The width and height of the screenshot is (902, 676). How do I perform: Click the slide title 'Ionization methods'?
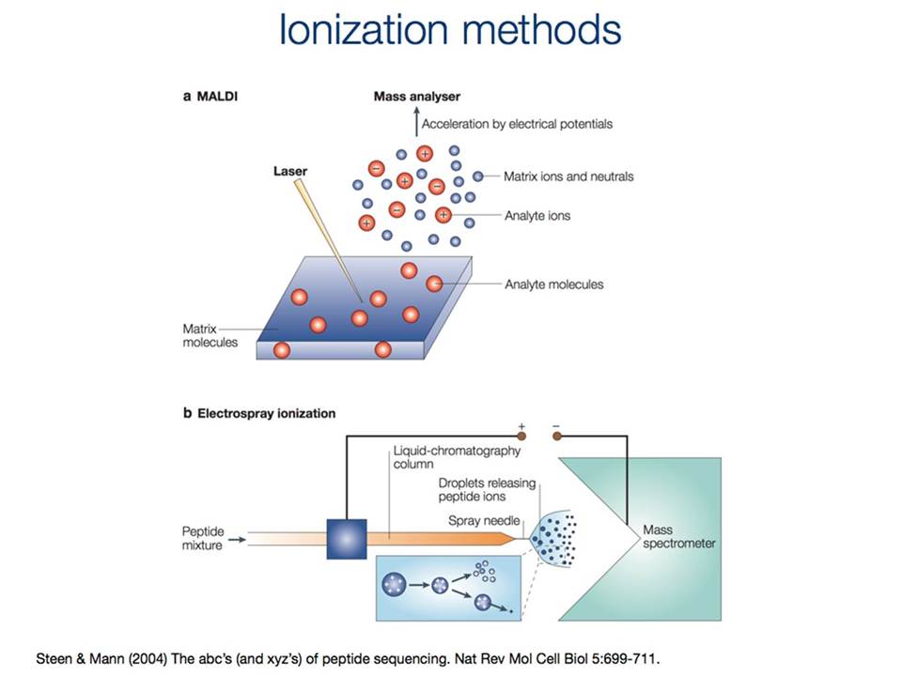tap(450, 29)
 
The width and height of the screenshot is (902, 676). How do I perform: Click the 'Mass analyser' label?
tap(417, 97)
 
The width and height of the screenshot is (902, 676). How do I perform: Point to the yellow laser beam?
tap(328, 240)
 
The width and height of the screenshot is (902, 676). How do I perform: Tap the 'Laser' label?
tap(290, 171)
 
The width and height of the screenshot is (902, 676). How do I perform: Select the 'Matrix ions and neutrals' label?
tap(568, 177)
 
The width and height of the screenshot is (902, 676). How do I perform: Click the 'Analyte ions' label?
tap(537, 216)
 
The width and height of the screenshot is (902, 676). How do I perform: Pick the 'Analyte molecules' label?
tap(554, 284)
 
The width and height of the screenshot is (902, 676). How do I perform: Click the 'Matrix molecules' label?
tap(210, 336)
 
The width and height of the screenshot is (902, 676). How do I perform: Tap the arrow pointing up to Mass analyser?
tap(416, 121)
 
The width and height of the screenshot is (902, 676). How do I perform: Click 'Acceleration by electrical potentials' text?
tap(517, 124)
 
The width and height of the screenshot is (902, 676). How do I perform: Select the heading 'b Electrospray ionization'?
tap(259, 413)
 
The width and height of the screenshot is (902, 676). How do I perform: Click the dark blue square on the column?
tap(347, 539)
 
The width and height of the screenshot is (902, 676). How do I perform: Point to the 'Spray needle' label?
tap(484, 521)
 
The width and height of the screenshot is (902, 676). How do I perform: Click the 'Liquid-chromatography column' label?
tap(457, 457)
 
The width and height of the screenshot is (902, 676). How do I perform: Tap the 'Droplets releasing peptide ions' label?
tap(487, 490)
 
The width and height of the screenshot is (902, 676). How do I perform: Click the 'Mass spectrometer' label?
tap(678, 536)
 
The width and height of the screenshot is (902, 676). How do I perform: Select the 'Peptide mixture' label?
tap(203, 538)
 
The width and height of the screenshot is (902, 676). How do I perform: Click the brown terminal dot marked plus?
tap(521, 437)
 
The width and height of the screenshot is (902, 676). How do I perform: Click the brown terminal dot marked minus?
tap(557, 437)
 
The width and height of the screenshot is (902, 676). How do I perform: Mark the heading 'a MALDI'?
tap(210, 96)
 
